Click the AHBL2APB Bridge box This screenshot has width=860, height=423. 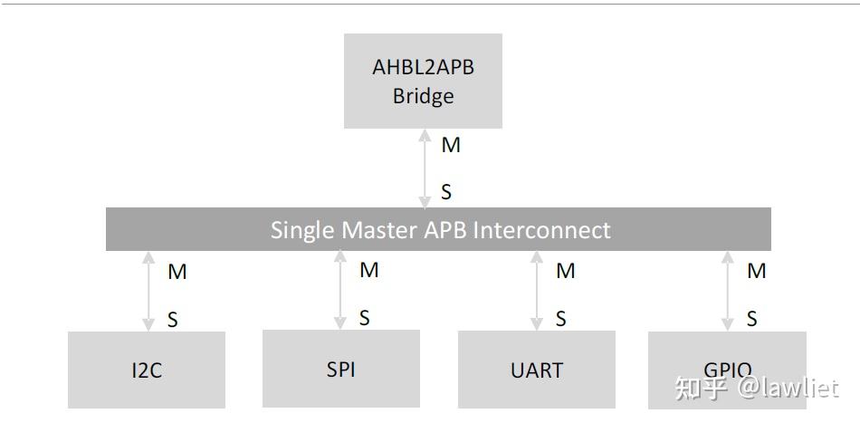coord(423,81)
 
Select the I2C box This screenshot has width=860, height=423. coord(147,370)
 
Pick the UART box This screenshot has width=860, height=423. coord(537,370)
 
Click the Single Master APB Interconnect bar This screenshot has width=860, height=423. coord(439,229)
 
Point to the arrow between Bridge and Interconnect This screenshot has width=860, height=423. coord(425,168)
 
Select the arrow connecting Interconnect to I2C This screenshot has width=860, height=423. coord(148,291)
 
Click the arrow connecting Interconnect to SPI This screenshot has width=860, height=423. coord(340,290)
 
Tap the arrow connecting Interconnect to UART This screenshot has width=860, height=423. coord(537,291)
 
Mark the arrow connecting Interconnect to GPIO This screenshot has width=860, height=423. coord(727,291)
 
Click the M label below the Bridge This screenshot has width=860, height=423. coord(450,145)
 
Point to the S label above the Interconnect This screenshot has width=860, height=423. coord(446,192)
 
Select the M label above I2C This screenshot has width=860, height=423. coord(177,272)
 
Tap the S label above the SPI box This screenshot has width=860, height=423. coord(365,318)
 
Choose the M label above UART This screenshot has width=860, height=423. coord(566,271)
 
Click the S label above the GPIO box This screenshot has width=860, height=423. coord(752,319)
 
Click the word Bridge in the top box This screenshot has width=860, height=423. coord(423,96)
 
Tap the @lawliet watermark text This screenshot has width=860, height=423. coord(787,389)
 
